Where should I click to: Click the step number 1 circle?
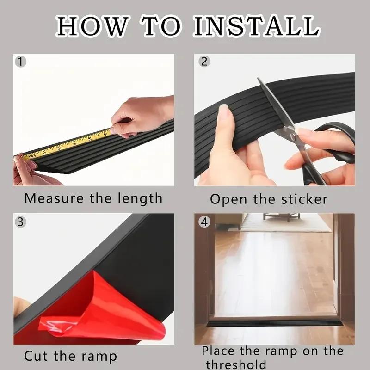point(19,61)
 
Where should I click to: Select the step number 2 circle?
point(204,61)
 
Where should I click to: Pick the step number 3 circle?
point(19,221)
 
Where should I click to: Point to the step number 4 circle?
point(204,221)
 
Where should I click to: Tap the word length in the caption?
point(137,198)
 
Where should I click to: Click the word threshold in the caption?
point(236,364)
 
